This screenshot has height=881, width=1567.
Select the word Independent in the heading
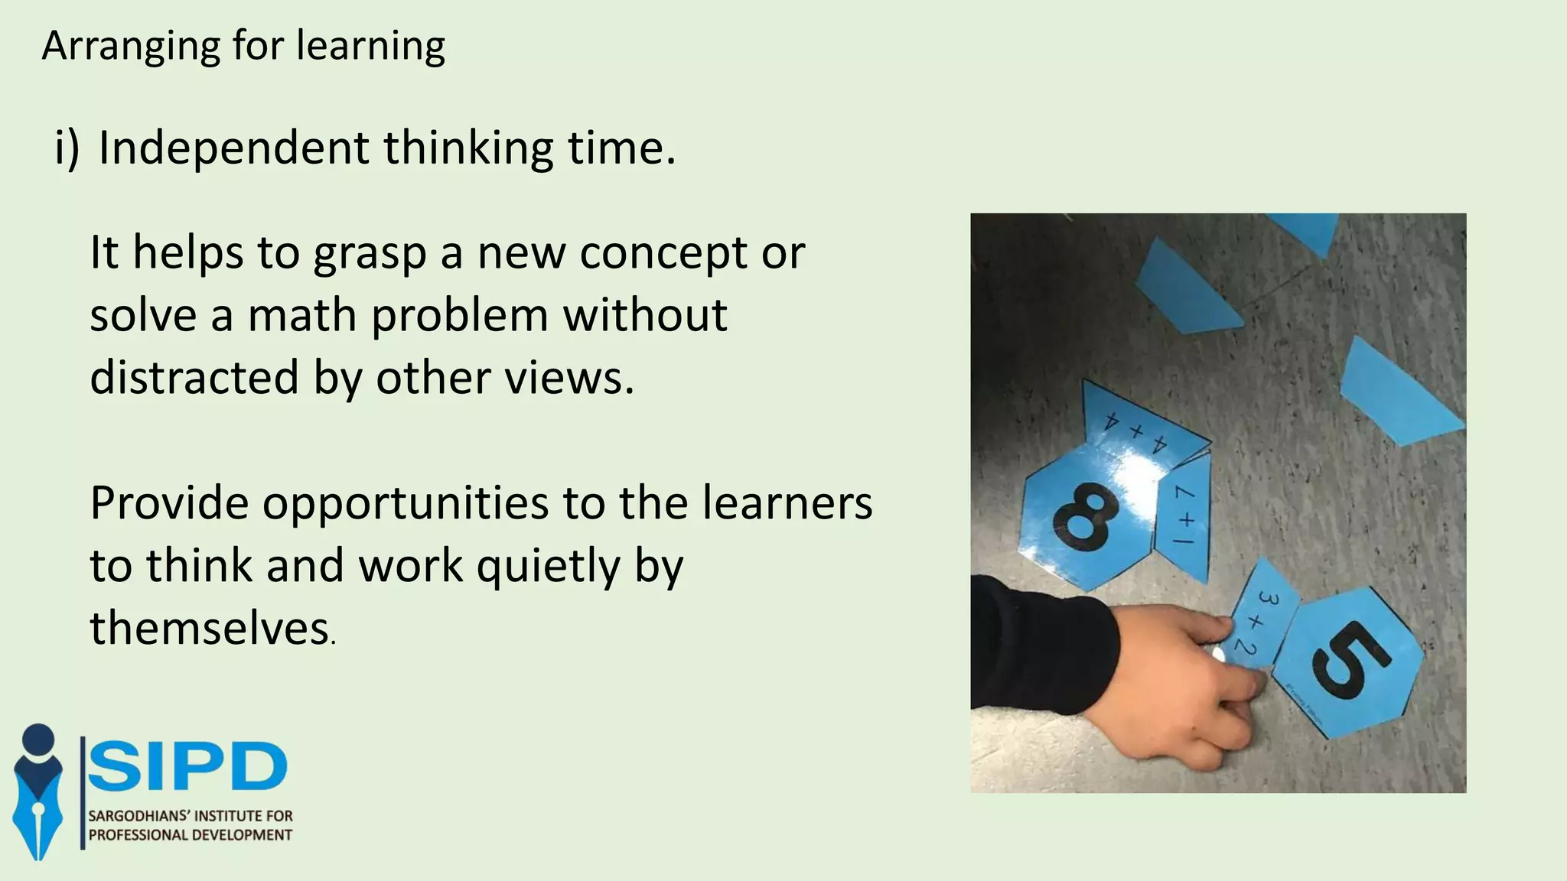coord(233,148)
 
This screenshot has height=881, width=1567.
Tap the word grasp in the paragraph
coord(370,254)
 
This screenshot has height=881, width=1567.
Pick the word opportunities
coord(406,504)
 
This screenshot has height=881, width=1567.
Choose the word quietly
coord(547,567)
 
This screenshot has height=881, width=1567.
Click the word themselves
coord(209,629)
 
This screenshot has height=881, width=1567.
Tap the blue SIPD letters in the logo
coord(187,767)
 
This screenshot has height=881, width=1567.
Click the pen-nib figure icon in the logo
coord(38,792)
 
